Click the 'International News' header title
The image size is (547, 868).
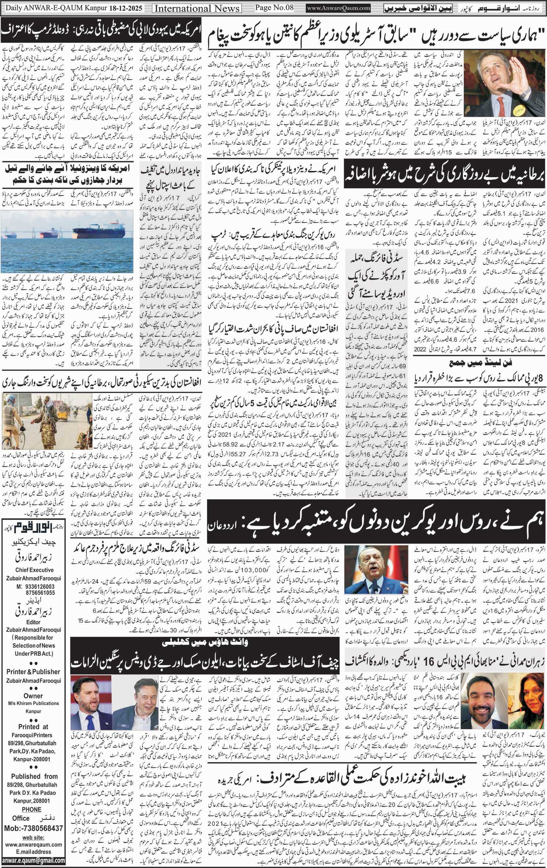coord(197,8)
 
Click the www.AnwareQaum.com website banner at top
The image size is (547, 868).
coord(338,8)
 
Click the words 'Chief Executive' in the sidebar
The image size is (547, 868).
coord(34,570)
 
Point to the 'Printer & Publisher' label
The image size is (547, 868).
coord(33,672)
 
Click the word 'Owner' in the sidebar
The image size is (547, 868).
coord(33,696)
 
